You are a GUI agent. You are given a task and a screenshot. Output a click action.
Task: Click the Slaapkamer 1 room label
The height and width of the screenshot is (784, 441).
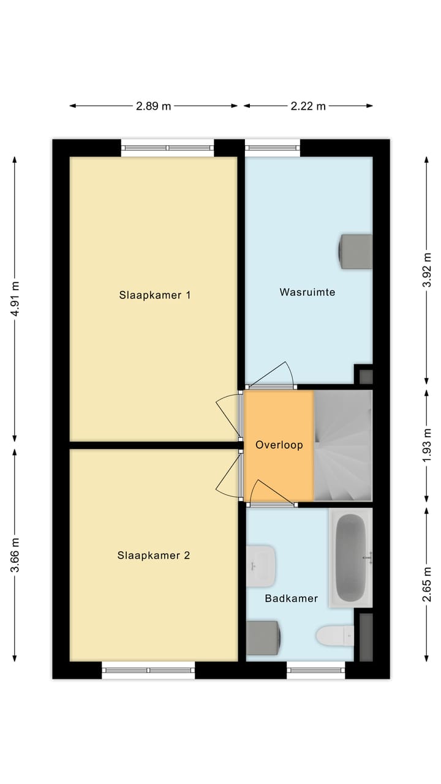pyautogui.click(x=154, y=295)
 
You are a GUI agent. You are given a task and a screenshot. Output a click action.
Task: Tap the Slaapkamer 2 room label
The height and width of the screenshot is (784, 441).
pyautogui.click(x=154, y=556)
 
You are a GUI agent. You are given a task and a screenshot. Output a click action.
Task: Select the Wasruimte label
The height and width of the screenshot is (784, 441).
pyautogui.click(x=307, y=292)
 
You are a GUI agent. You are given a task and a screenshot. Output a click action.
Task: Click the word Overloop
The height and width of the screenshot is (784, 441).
pyautogui.click(x=279, y=445)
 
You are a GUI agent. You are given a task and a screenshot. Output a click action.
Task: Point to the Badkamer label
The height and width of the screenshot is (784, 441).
pyautogui.click(x=291, y=598)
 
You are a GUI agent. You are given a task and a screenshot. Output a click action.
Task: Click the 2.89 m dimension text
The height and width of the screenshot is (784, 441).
pyautogui.click(x=153, y=106)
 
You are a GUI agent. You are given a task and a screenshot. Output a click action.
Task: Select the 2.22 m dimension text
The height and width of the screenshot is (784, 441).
pyautogui.click(x=308, y=106)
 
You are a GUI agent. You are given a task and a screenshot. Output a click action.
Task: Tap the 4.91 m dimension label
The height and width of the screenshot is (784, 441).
pyautogui.click(x=15, y=298)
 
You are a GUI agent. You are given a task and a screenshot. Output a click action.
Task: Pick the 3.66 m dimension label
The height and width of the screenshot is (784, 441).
pyautogui.click(x=15, y=555)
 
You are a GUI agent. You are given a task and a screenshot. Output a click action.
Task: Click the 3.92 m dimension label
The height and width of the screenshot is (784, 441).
pyautogui.click(x=427, y=268)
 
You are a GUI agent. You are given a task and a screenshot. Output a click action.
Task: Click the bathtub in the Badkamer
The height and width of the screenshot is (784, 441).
pyautogui.click(x=350, y=557)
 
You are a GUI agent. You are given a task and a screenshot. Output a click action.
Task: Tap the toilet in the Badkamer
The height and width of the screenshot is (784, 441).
pyautogui.click(x=334, y=636)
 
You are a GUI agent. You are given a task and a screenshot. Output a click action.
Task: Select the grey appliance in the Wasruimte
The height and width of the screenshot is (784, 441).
pyautogui.click(x=355, y=251)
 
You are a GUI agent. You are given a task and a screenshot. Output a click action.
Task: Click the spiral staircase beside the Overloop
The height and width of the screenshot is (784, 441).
pyautogui.click(x=342, y=445)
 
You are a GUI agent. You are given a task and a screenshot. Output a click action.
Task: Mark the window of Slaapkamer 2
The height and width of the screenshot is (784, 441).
pyautogui.click(x=148, y=670)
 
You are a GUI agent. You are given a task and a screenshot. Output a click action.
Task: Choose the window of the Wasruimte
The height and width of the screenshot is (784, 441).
pyautogui.click(x=273, y=147)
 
